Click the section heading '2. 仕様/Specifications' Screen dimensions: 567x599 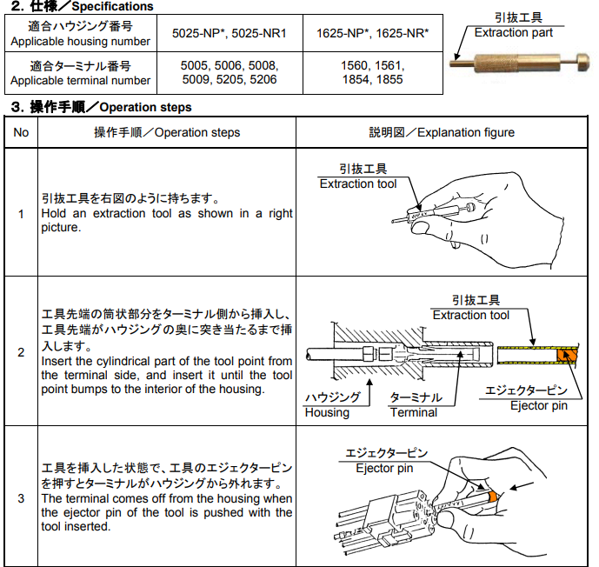(78, 7)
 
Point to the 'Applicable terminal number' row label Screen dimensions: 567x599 (80, 73)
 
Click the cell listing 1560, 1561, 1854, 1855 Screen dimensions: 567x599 (372, 73)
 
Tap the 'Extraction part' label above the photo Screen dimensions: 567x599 (513, 32)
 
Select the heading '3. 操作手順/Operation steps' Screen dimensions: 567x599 (100, 107)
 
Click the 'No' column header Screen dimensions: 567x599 (21, 132)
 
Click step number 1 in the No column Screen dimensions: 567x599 (21, 213)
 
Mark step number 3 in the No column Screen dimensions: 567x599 (21, 498)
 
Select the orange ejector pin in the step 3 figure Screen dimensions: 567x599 (493, 495)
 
